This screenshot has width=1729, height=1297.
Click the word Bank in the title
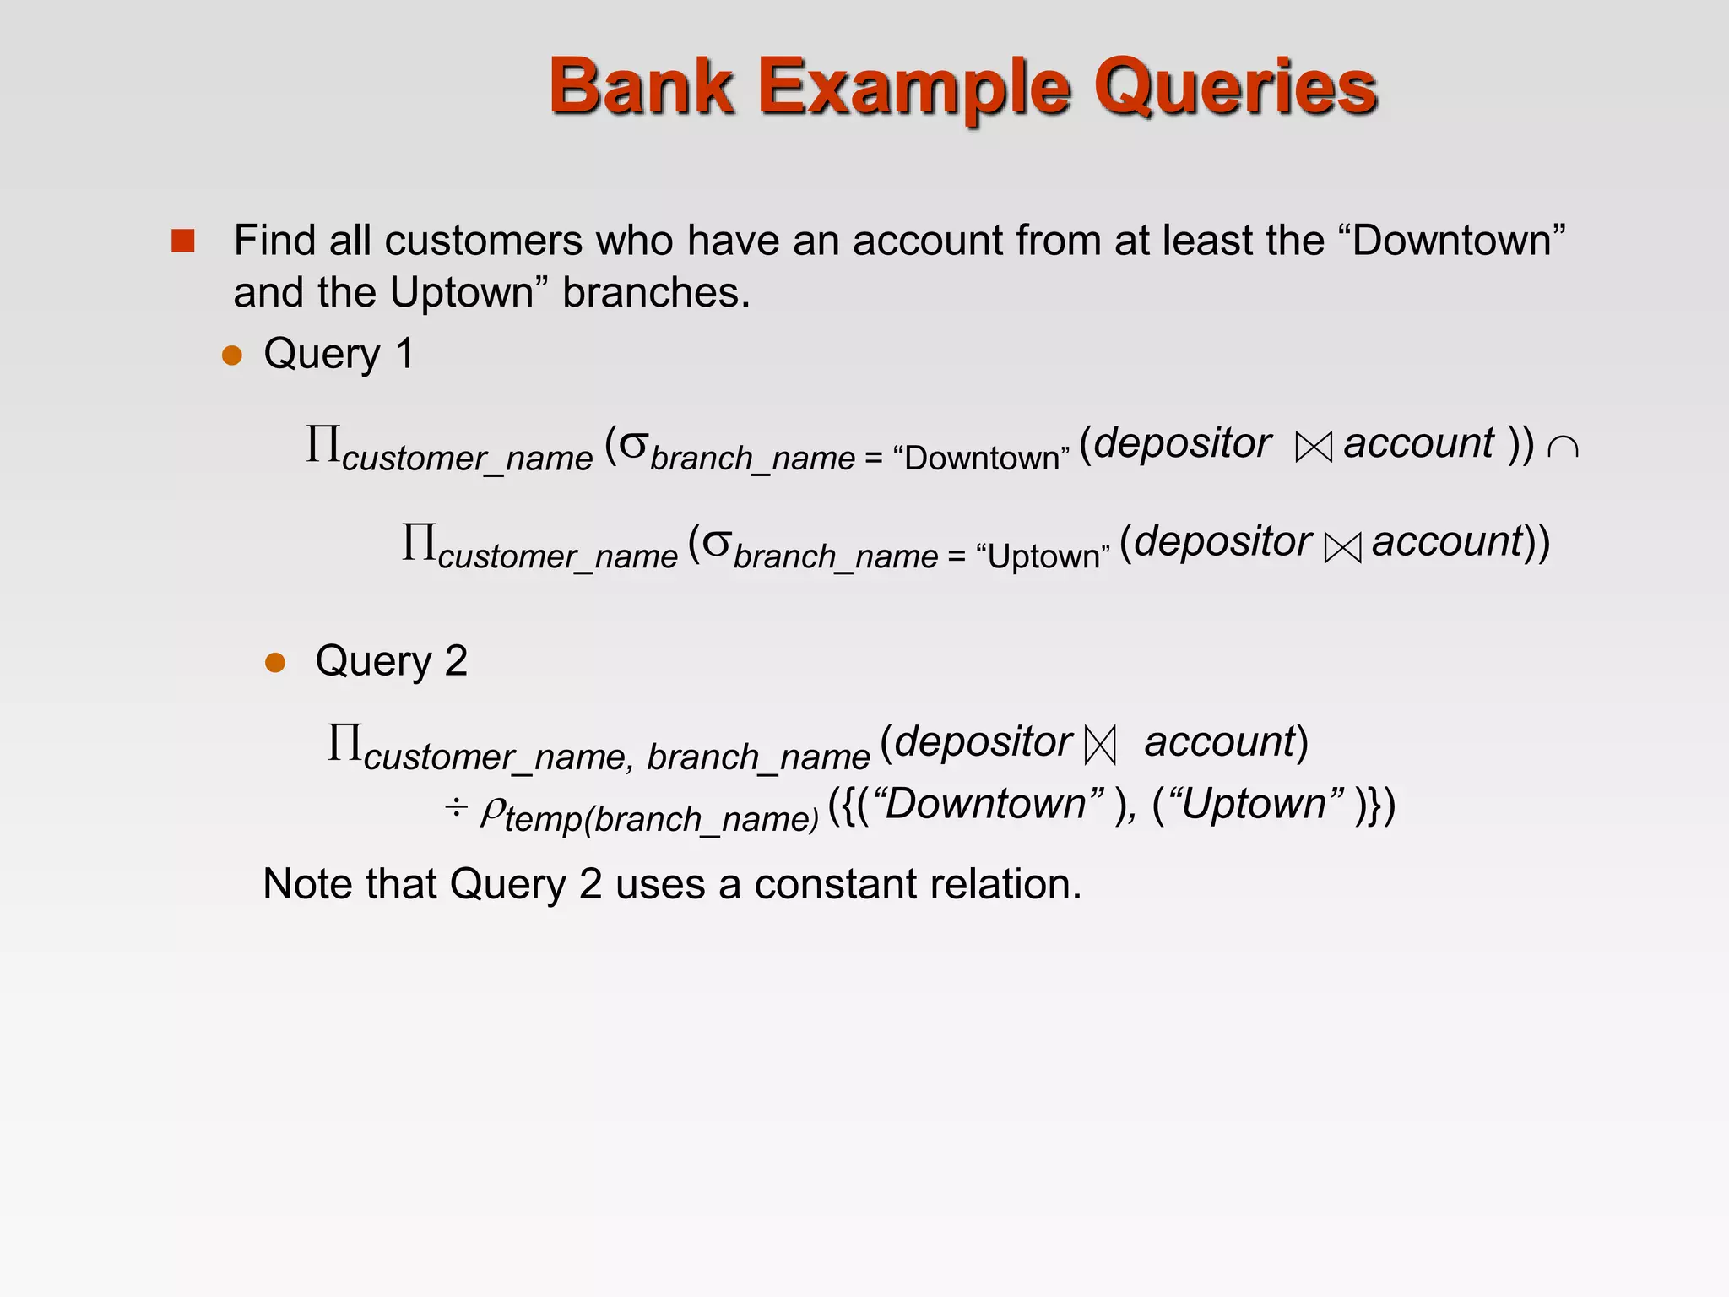pyautogui.click(x=642, y=87)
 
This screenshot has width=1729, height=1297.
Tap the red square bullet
pyautogui.click(x=182, y=241)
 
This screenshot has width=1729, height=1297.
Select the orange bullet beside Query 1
pyautogui.click(x=232, y=355)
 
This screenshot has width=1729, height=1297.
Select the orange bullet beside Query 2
pyautogui.click(x=275, y=662)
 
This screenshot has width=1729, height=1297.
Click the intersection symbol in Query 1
pyautogui.click(x=1563, y=447)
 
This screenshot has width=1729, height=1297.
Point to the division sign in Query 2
pyautogui.click(x=456, y=808)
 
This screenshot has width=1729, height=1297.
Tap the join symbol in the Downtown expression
pyautogui.click(x=1313, y=447)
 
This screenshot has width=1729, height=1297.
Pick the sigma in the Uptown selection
pyautogui.click(x=716, y=542)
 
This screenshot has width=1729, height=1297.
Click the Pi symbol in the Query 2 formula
pyautogui.click(x=344, y=743)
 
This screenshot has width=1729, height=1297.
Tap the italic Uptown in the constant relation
pyautogui.click(x=1254, y=804)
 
